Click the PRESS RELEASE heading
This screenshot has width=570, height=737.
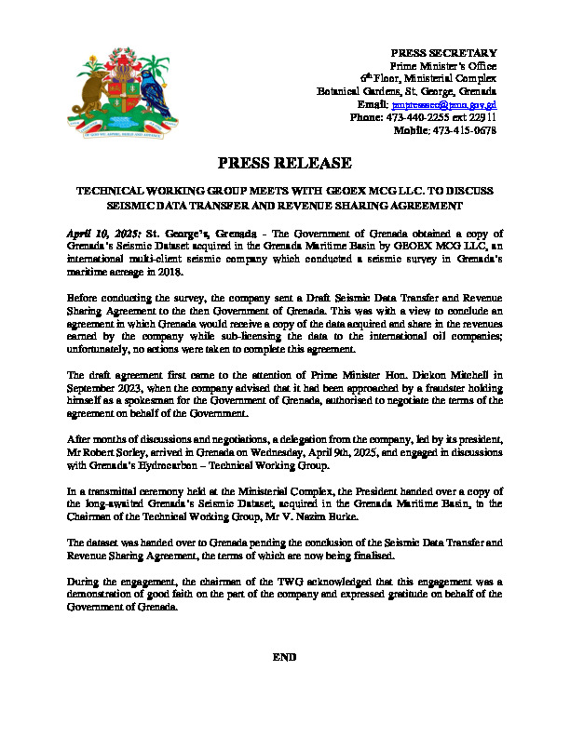coord(285,163)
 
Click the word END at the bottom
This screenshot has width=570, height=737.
coord(284,657)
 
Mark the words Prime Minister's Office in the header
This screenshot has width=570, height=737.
coord(442,66)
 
